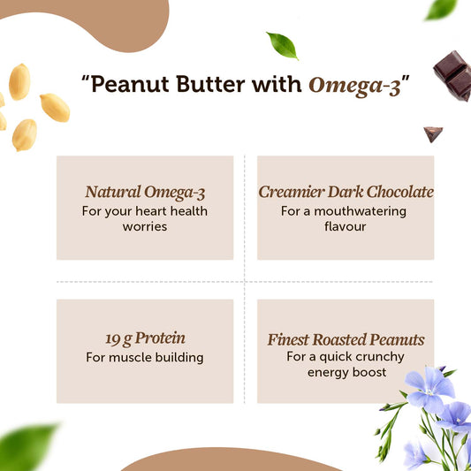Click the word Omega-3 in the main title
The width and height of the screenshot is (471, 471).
point(353,86)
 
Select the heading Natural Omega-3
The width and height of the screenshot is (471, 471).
point(146,192)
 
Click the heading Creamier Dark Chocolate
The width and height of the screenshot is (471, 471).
point(346,192)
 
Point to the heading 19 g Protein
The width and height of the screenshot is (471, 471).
point(145,339)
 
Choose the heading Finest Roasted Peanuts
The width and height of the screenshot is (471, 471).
point(346,339)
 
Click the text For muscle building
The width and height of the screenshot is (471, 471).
point(145,358)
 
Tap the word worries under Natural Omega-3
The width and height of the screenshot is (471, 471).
point(145,226)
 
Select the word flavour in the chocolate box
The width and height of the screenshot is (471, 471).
point(346,226)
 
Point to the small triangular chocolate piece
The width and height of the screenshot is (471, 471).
point(433,134)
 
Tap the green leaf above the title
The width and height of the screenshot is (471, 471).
point(282,43)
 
